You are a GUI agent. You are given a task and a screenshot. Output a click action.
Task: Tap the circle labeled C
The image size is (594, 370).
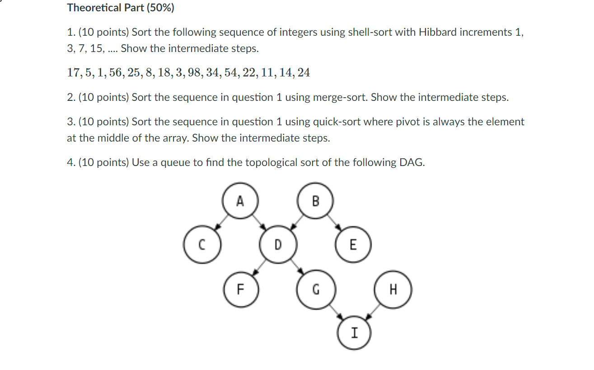[201, 245]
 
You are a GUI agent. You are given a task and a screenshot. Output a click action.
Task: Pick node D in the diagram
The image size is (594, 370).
[277, 245]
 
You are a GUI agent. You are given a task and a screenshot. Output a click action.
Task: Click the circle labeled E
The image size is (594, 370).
[353, 245]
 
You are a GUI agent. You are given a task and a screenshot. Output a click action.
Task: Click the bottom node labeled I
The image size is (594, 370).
[354, 333]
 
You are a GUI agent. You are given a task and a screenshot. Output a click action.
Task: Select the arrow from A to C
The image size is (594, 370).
[221, 223]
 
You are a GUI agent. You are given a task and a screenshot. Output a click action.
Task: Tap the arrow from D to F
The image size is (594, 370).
[259, 267]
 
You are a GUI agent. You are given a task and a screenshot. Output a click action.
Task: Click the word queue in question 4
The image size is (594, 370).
[172, 162]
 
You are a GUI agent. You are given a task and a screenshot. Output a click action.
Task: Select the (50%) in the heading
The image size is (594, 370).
[159, 8]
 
